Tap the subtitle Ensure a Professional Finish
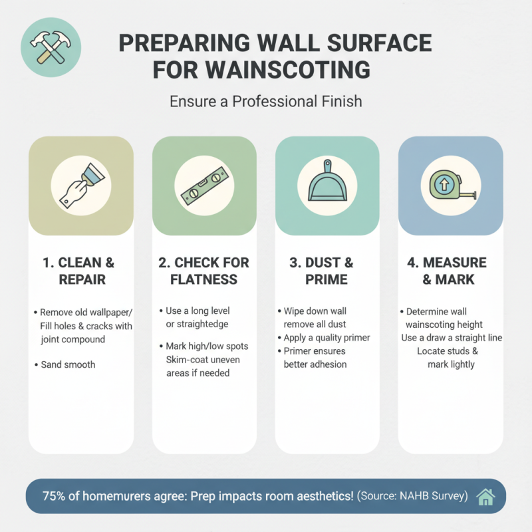pos(266,102)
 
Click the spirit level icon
pos(204,186)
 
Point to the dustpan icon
pos(327,182)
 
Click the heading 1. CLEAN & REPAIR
pos(81,270)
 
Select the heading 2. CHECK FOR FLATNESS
pos(204,270)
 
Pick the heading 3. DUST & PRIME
pos(327,270)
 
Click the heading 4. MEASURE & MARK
pos(450,270)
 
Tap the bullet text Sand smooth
pos(68,364)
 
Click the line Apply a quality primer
pos(327,338)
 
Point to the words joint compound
pos(73,338)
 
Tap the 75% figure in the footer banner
pos(55,496)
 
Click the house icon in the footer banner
pos(486,496)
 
